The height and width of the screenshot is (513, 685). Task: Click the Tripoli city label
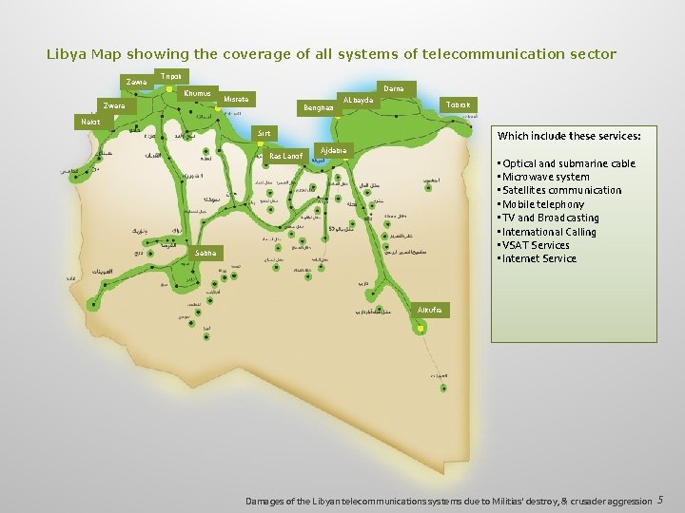point(171,76)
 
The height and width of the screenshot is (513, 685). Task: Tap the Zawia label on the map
point(137,83)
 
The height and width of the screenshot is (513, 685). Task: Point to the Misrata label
point(236,100)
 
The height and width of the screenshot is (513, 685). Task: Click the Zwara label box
point(114,106)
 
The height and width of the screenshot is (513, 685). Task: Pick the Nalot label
point(91,123)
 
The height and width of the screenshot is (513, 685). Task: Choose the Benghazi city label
point(318,107)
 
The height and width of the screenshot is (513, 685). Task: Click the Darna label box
point(394,88)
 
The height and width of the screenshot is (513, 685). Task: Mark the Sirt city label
point(264,134)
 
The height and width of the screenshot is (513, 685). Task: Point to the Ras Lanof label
point(285,156)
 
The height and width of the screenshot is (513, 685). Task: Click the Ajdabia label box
point(335,151)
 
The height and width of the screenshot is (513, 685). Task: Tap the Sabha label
point(205,254)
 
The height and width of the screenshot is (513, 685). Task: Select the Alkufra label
point(430,311)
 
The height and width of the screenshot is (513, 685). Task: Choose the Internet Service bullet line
point(539,258)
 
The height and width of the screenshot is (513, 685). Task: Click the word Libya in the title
point(66,54)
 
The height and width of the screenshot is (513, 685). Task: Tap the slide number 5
point(660,501)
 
